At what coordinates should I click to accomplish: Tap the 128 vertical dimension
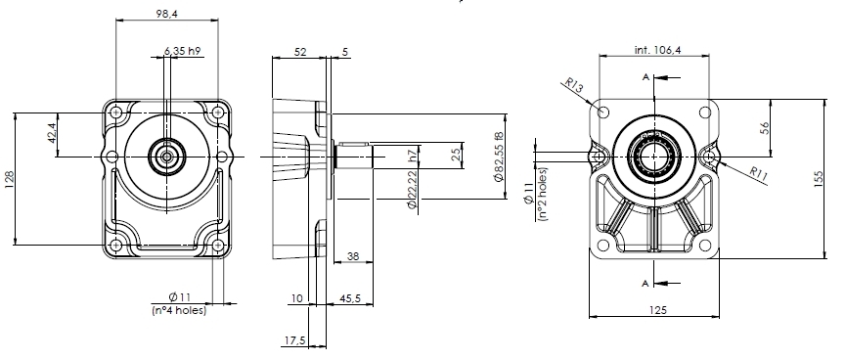pos(9,179)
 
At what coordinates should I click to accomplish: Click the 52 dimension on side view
pos(297,51)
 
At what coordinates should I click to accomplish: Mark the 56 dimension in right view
pos(766,126)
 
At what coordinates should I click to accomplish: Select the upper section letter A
pos(645,75)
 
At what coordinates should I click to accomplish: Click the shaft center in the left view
pos(166,156)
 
